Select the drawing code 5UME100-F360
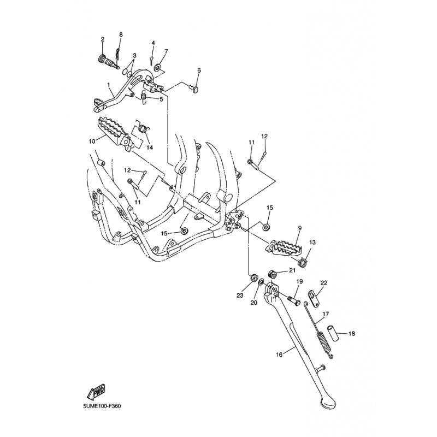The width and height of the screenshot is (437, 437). pyautogui.click(x=102, y=406)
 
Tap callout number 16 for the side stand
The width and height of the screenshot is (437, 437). pyautogui.click(x=279, y=355)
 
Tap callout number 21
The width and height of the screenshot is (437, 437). pyautogui.click(x=292, y=270)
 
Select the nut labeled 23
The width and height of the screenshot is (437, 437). pyautogui.click(x=253, y=277)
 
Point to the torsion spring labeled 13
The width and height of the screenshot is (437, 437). pyautogui.click(x=303, y=262)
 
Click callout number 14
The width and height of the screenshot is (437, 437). pyautogui.click(x=150, y=147)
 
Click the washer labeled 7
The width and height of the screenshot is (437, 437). pyautogui.click(x=158, y=67)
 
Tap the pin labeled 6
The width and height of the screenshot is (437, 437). pyautogui.click(x=196, y=88)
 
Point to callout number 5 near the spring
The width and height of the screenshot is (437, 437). pyautogui.click(x=161, y=99)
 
